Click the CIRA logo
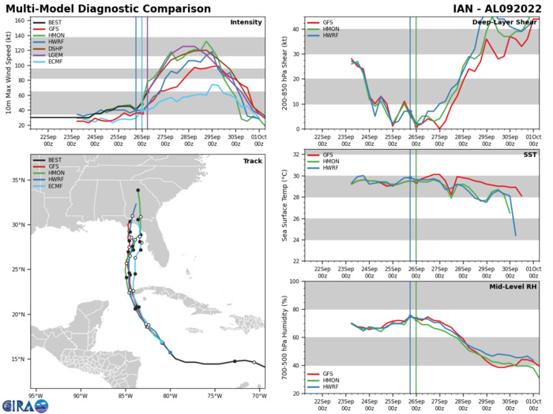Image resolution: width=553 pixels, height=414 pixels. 24,404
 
